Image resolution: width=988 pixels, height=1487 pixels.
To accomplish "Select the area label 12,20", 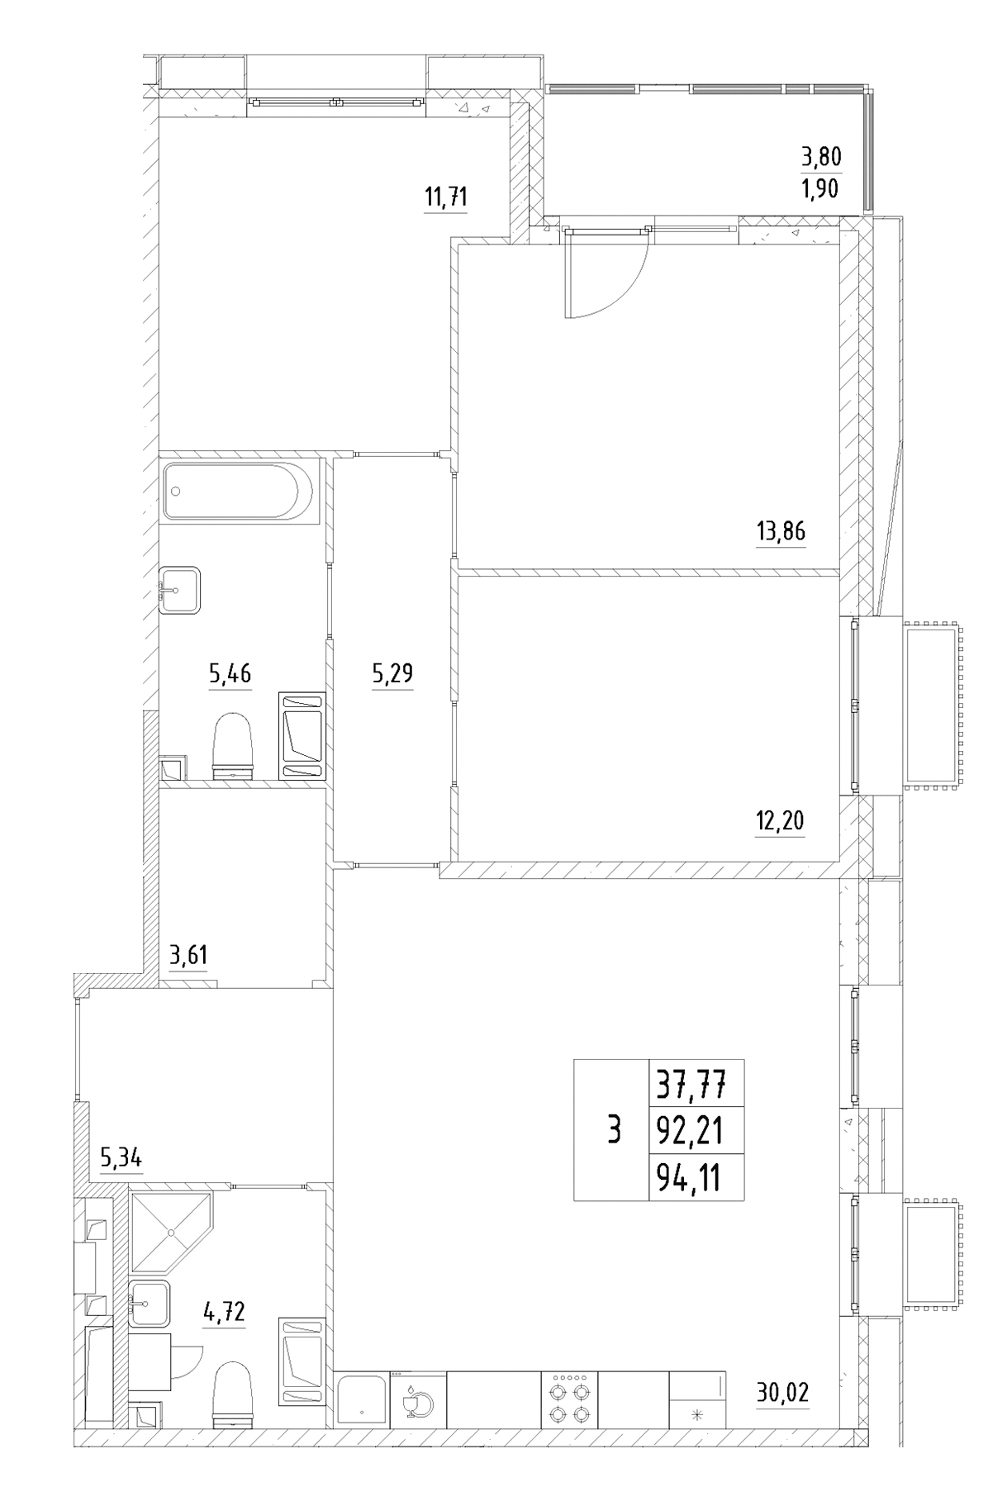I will click(779, 821).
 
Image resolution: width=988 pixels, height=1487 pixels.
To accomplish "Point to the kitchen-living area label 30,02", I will click(782, 1394).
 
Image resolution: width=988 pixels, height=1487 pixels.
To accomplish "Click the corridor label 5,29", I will click(392, 674).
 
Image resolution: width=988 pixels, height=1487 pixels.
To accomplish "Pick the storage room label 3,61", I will click(188, 957).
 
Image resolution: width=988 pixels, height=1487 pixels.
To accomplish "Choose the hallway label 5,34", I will click(121, 1157).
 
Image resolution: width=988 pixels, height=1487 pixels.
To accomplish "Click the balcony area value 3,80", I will click(821, 157).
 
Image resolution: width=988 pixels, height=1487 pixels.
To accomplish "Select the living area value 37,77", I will click(689, 1084).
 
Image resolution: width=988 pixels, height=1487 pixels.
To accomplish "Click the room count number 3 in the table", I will click(613, 1129).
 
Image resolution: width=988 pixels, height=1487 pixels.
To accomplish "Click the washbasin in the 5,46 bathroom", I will click(178, 590).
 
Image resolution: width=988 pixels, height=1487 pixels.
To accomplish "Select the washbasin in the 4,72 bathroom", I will click(149, 1304).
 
